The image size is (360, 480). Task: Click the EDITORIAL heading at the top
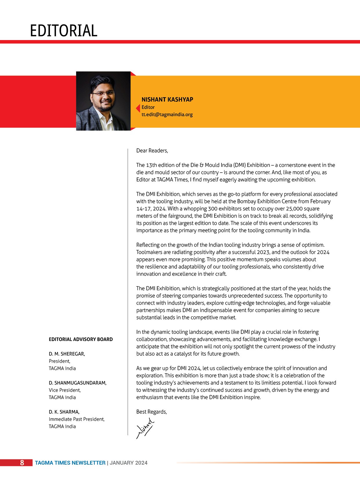click(64, 31)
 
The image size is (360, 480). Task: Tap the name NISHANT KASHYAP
click(167, 100)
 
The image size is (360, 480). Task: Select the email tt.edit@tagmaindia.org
click(167, 114)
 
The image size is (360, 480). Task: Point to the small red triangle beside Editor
click(138, 108)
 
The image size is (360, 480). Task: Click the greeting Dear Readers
click(152, 151)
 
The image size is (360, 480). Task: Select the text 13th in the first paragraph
click(151, 165)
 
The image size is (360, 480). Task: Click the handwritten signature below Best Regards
click(145, 428)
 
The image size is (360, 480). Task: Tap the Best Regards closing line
click(152, 412)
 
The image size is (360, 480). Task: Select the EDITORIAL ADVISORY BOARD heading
click(81, 339)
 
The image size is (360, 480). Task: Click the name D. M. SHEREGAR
click(67, 354)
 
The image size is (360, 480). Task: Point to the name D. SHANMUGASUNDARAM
click(78, 383)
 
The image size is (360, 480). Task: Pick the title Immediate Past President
click(77, 419)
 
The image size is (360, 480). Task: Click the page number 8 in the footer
click(22, 463)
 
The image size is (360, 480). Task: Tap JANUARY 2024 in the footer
click(129, 463)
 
